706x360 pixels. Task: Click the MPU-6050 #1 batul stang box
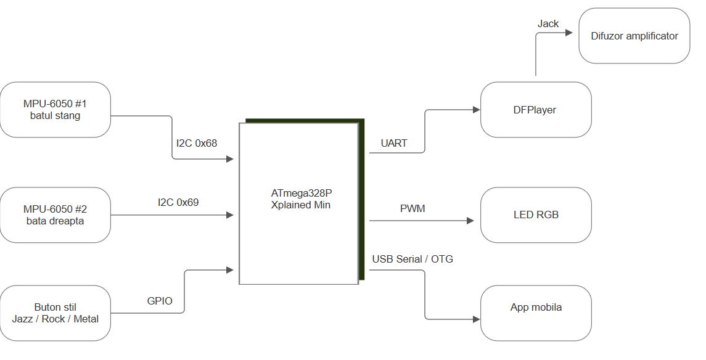pyautogui.click(x=55, y=110)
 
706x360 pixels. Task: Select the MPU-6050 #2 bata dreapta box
pyautogui.click(x=55, y=215)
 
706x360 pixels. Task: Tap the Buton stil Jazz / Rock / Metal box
pyautogui.click(x=55, y=313)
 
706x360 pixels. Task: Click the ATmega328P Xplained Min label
pyautogui.click(x=302, y=199)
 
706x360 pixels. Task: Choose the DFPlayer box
pyautogui.click(x=536, y=110)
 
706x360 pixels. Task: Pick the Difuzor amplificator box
pyautogui.click(x=634, y=36)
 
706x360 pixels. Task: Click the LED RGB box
pyautogui.click(x=536, y=215)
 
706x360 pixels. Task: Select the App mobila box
pyautogui.click(x=536, y=313)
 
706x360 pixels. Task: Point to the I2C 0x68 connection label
pyautogui.click(x=197, y=143)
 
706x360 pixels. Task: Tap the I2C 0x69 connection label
pyautogui.click(x=178, y=202)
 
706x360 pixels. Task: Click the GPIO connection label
pyautogui.click(x=160, y=301)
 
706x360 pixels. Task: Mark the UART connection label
pyautogui.click(x=394, y=143)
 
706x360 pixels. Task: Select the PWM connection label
pyautogui.click(x=413, y=209)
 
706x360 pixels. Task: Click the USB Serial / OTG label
pyautogui.click(x=413, y=259)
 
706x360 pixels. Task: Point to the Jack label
pyautogui.click(x=548, y=24)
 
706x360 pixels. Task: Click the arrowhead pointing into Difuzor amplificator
pyautogui.click(x=569, y=33)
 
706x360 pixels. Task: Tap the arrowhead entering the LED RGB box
pyautogui.click(x=470, y=221)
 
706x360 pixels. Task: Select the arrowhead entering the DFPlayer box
pyautogui.click(x=477, y=109)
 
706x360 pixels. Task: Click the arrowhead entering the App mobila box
pyautogui.click(x=477, y=319)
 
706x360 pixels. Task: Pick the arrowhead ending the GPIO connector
pyautogui.click(x=230, y=270)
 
